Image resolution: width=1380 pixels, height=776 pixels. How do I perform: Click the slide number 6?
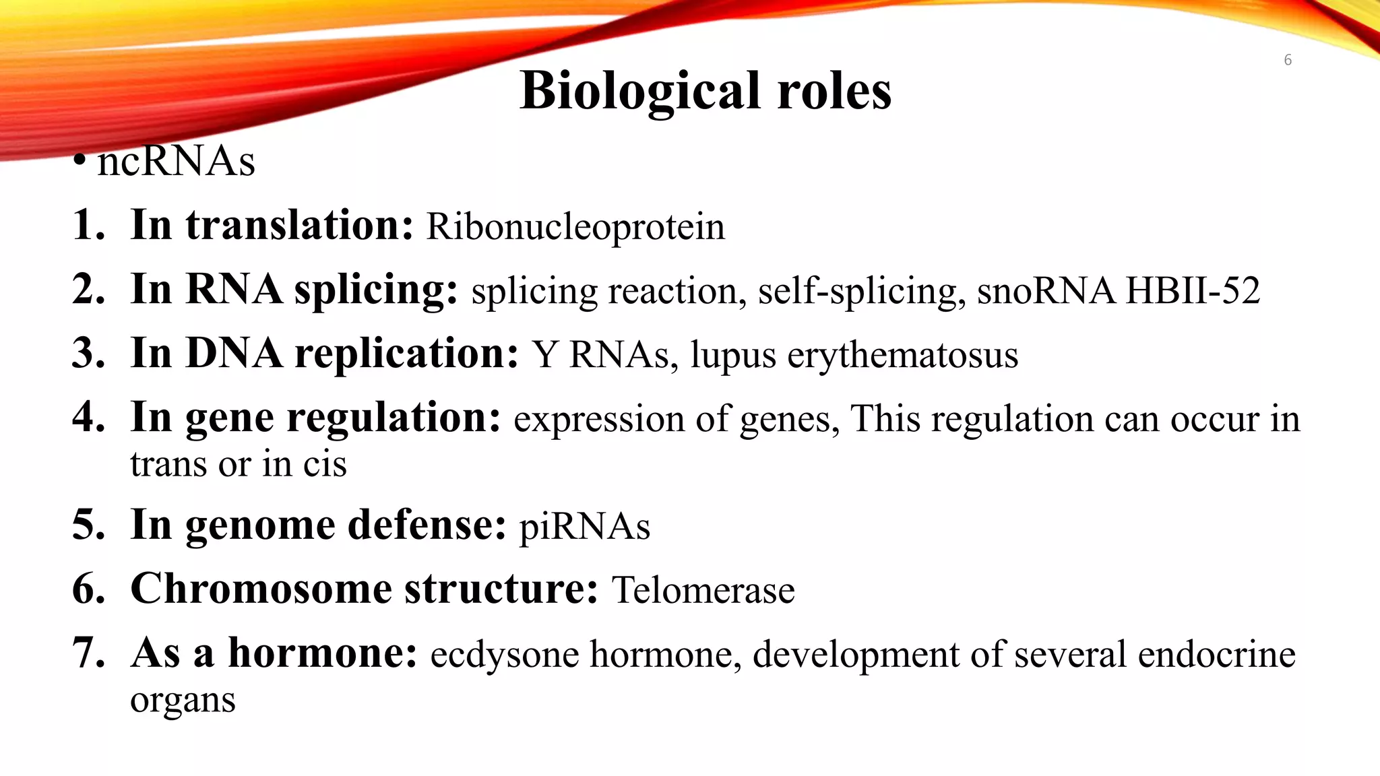tap(1287, 60)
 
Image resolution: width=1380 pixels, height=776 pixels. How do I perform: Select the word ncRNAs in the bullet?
tap(176, 162)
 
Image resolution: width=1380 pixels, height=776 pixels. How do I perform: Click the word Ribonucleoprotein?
tap(575, 226)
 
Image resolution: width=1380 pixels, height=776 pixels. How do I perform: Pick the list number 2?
tap(88, 290)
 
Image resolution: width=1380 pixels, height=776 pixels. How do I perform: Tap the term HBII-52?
tap(1192, 291)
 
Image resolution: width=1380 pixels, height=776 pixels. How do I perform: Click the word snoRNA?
tap(1046, 291)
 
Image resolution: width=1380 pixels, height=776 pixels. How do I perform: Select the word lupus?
tap(732, 355)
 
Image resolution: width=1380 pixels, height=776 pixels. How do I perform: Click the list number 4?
tap(88, 418)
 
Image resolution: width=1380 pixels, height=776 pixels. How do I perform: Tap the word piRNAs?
tap(584, 526)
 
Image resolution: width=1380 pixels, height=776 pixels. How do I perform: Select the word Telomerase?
tap(703, 590)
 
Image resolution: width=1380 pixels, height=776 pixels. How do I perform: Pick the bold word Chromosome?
tap(261, 589)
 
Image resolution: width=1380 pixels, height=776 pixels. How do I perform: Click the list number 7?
tap(88, 653)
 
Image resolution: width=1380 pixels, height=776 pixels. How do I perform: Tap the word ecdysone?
tap(505, 654)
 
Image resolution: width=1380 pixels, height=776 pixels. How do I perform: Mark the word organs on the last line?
tap(183, 701)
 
